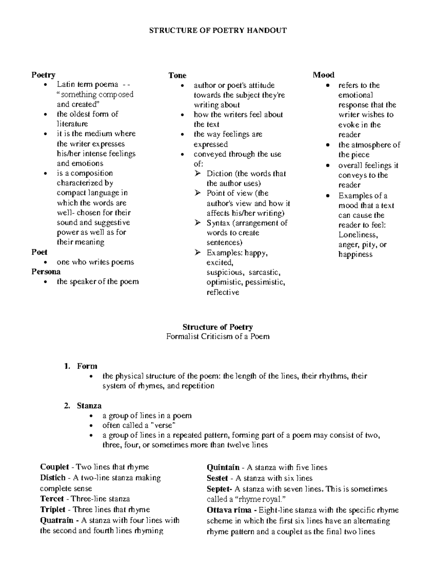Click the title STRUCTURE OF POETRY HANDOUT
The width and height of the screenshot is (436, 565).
point(218,31)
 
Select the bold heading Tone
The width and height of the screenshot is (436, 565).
point(177,75)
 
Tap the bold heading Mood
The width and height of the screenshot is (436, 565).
point(323,75)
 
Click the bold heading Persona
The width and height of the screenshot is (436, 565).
point(46,272)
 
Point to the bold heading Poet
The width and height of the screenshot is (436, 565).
point(39,252)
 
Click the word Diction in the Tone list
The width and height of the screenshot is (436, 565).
point(219,174)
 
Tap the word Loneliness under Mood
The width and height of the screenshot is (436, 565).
point(358,235)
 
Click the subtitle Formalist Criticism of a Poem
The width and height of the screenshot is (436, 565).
point(218,337)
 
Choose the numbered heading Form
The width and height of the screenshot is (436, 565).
point(87,366)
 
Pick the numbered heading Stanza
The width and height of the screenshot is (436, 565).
point(89,406)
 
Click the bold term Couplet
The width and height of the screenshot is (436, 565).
point(54,467)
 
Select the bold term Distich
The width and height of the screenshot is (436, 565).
point(53,478)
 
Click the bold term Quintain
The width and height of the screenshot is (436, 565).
point(223,467)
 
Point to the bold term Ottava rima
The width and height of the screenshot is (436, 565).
point(229,510)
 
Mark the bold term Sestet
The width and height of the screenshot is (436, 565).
point(217,478)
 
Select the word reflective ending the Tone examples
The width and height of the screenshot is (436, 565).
point(223,293)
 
